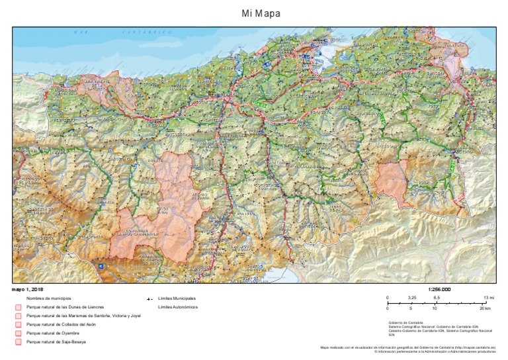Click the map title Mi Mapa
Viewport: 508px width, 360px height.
click(x=254, y=13)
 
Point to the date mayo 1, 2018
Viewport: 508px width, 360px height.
click(x=28, y=289)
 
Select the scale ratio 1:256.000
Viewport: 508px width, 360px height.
click(x=439, y=289)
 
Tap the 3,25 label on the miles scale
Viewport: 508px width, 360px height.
click(x=412, y=298)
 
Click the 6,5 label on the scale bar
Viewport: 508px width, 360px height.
click(x=437, y=298)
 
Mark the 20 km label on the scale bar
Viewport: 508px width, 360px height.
click(x=486, y=308)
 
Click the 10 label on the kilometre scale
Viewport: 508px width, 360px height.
click(x=435, y=308)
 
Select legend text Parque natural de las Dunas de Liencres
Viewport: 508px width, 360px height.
click(x=65, y=308)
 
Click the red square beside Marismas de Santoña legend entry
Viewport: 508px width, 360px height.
click(x=19, y=316)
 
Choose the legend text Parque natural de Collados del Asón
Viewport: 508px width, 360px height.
click(x=60, y=325)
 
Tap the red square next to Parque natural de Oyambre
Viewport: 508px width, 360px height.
click(x=19, y=334)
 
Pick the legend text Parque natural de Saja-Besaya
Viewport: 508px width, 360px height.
click(x=56, y=342)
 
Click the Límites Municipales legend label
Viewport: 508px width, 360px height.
click(x=177, y=299)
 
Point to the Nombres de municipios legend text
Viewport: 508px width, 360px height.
click(x=49, y=299)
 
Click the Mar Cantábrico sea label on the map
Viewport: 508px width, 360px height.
click(x=122, y=32)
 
